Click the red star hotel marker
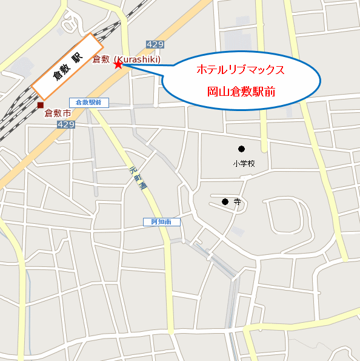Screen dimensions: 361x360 point(118,64)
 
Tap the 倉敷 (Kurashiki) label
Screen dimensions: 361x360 point(126,59)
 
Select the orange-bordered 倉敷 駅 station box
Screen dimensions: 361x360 point(67,66)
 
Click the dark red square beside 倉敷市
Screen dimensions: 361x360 point(40,106)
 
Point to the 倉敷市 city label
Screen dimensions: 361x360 point(58,113)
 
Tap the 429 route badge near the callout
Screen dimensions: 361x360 point(155,45)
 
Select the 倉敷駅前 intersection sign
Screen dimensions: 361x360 point(88,103)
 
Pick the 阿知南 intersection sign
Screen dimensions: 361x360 point(161,222)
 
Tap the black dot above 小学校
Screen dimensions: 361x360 point(241,149)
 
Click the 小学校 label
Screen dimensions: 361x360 point(244,163)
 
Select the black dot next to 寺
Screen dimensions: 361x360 point(225,201)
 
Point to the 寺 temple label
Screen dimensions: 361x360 point(237,202)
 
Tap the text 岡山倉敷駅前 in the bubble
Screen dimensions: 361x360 point(241,92)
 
